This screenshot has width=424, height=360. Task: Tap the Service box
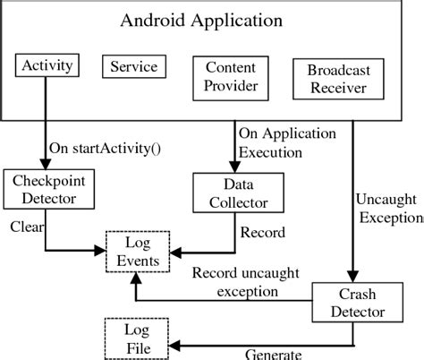(x=132, y=66)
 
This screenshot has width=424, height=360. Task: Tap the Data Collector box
(x=231, y=192)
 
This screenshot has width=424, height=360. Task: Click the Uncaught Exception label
(x=389, y=208)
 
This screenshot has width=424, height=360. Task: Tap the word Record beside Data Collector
(x=263, y=233)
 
